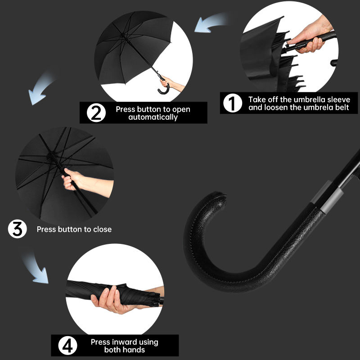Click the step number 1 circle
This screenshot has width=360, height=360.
coord(233,103)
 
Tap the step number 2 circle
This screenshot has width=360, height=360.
coord(96,113)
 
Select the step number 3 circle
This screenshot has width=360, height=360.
coord(18,229)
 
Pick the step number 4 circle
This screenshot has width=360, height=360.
coord(67,346)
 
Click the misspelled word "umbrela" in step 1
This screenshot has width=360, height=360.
coord(318,108)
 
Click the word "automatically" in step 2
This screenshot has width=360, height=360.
coord(153,117)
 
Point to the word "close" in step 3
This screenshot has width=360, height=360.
coord(103,229)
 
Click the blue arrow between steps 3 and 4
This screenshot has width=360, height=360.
coord(37,269)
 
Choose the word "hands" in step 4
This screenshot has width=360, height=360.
coord(135,350)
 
